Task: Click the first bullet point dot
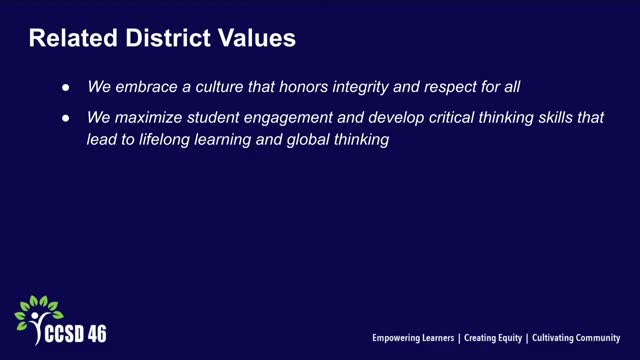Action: pyautogui.click(x=66, y=88)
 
